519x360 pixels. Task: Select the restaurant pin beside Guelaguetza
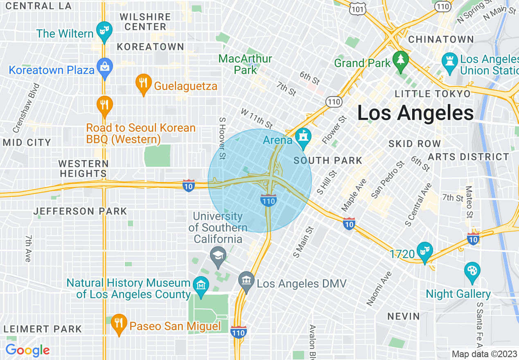(143, 83)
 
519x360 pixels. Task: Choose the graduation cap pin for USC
(218, 256)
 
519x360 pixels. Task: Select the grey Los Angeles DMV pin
(246, 281)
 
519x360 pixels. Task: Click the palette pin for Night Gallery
(472, 271)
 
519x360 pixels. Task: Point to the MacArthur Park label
(245, 64)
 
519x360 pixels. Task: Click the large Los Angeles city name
(415, 112)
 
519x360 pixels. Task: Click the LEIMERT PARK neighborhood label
(43, 329)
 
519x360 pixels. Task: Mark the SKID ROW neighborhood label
(415, 144)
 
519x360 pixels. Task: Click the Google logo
(27, 351)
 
